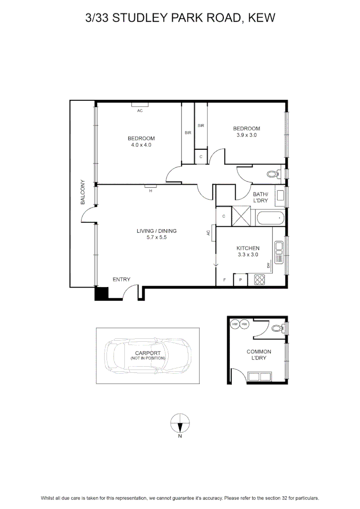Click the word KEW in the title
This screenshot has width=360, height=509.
[x=262, y=17]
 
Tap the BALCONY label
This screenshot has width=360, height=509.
[x=82, y=192]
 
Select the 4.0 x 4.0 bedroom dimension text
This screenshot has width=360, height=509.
[x=141, y=145]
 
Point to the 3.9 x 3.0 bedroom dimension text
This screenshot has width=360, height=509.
[x=246, y=135]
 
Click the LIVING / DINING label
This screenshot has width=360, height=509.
[x=156, y=231]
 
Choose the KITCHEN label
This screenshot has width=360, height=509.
[x=248, y=248]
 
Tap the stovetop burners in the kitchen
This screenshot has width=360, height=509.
[x=260, y=279]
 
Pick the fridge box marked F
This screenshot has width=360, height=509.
[x=225, y=279]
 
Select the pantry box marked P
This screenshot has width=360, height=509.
[x=240, y=279]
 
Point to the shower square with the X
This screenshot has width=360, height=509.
[x=241, y=216]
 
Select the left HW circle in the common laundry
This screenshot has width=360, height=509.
[x=235, y=324]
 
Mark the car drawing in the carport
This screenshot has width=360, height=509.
[x=147, y=356]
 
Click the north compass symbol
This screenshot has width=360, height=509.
[x=180, y=423]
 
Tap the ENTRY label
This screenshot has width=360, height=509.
[x=122, y=279]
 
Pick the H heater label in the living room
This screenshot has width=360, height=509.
[x=151, y=191]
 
